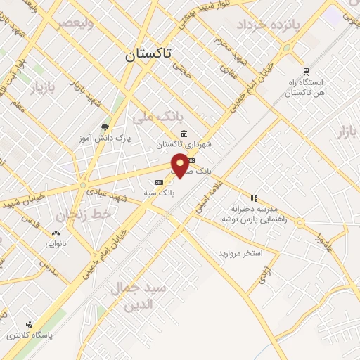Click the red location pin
[x=181, y=165]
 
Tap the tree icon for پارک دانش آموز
[x=105, y=127]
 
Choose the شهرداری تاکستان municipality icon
[x=184, y=134]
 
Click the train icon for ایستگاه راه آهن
[x=305, y=71]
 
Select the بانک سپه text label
[x=159, y=191]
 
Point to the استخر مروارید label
[x=240, y=252]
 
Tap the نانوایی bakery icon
[x=56, y=233]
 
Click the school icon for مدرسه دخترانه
[x=254, y=198]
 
